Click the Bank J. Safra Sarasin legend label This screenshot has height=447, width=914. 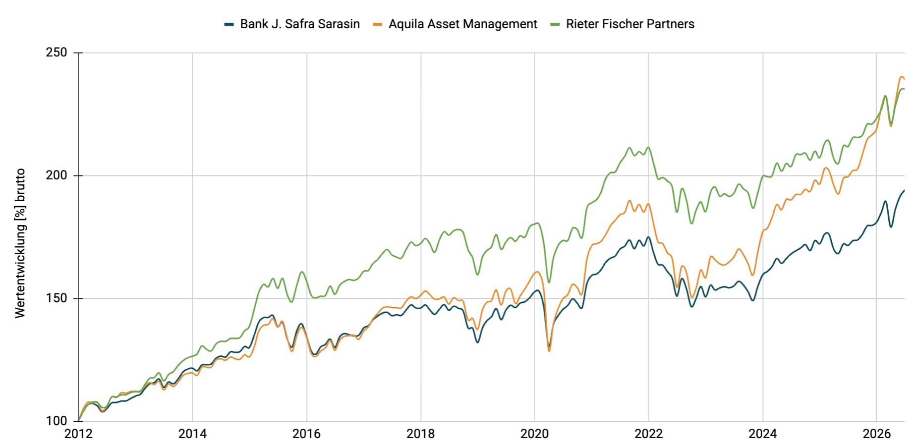[300, 24]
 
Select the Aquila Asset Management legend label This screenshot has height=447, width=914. [462, 24]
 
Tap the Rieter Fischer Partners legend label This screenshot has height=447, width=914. [630, 24]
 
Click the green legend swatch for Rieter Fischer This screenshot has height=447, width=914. [555, 24]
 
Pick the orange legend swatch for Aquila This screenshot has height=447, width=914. [378, 24]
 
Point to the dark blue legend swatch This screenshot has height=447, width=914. [229, 24]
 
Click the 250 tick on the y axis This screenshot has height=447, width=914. [56, 53]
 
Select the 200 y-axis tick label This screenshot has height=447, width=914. [56, 175]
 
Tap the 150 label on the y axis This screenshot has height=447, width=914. [56, 298]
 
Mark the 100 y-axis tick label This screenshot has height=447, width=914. [56, 421]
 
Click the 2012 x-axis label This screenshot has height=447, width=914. [78, 434]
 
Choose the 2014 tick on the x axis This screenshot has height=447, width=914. [192, 434]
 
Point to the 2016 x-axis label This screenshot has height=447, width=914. [306, 434]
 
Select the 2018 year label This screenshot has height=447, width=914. [420, 434]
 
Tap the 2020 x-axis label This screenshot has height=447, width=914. [534, 434]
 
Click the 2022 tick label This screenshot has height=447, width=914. [648, 434]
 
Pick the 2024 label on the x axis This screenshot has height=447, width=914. [762, 434]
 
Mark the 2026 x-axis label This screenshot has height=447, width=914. [876, 434]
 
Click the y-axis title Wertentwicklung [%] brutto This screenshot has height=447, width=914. [20, 243]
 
